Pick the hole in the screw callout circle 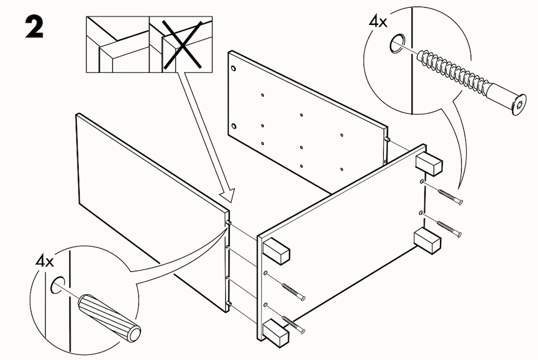click(397, 45)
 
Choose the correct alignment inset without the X click(117, 45)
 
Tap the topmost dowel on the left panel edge click(229, 222)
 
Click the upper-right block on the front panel click(429, 165)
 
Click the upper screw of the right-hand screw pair click(449, 197)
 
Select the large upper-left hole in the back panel click(233, 69)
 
